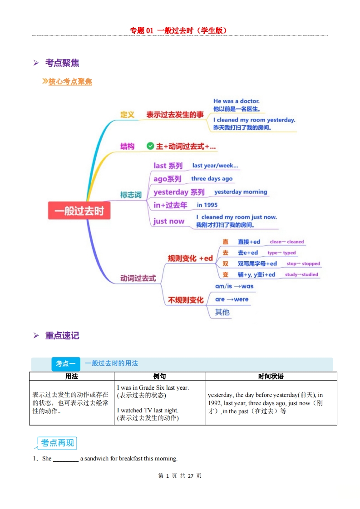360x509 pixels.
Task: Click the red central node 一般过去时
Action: click(x=79, y=210)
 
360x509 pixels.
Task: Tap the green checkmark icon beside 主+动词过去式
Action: click(x=150, y=146)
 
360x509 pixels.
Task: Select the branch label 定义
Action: click(x=127, y=115)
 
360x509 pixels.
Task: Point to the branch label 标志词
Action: click(x=131, y=195)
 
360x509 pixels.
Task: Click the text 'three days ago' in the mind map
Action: click(x=212, y=179)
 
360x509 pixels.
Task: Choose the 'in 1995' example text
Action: click(x=207, y=205)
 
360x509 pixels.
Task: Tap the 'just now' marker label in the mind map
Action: click(x=169, y=221)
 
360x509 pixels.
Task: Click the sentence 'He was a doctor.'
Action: click(x=237, y=101)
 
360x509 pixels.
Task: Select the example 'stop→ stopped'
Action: click(x=303, y=264)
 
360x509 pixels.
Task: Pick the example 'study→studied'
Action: click(x=301, y=274)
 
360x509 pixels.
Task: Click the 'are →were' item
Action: click(x=232, y=299)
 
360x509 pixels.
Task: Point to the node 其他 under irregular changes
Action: click(x=222, y=312)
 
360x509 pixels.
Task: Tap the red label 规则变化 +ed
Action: click(x=190, y=259)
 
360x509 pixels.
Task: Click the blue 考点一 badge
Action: click(x=66, y=363)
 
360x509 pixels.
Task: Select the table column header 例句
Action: click(x=159, y=376)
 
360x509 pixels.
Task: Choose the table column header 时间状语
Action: click(x=271, y=376)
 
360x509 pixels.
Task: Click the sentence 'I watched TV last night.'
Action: click(x=148, y=410)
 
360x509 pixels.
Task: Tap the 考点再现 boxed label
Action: click(x=58, y=443)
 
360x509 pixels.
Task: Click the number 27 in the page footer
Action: click(x=190, y=476)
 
